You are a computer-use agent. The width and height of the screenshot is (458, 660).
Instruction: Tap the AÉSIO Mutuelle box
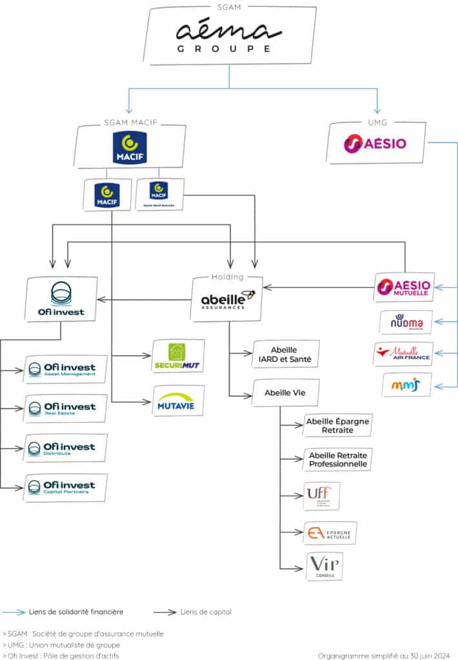tap(405, 287)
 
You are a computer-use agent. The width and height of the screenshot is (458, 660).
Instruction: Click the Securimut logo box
tap(177, 356)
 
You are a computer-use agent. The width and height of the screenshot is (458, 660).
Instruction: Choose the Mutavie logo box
tap(177, 400)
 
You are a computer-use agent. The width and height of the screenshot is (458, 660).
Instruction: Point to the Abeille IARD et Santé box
tap(286, 354)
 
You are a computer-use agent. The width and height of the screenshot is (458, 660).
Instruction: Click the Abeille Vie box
tap(285, 392)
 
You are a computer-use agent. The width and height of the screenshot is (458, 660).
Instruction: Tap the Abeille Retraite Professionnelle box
tap(337, 459)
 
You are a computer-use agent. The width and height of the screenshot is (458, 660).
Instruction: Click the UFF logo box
tap(321, 496)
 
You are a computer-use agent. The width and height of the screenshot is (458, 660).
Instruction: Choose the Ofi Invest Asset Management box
tap(65, 369)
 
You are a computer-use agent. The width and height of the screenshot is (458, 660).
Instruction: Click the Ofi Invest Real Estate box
tap(65, 408)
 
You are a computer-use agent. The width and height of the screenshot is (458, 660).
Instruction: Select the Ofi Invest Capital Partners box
tap(65, 487)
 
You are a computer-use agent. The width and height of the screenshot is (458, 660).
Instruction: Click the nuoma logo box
tap(405, 322)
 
